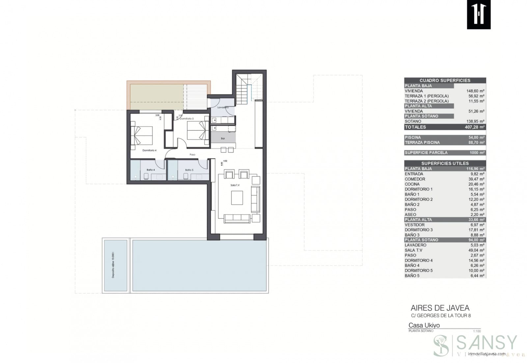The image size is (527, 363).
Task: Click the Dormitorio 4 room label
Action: [149, 150]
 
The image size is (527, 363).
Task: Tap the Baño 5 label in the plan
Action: [189, 170]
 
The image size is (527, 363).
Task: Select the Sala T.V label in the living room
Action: [235, 185]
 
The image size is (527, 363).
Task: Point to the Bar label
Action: [223, 139]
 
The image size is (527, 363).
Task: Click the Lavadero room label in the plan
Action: [223, 107]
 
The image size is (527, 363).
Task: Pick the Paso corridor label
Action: [192, 154]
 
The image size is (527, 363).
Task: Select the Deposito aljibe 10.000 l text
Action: [113, 265]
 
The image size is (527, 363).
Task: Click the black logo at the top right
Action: [479, 14]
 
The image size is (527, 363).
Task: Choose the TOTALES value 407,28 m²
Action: [475, 127]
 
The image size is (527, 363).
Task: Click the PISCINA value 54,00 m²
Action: [476, 137]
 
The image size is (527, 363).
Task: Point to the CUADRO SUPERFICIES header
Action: [445, 80]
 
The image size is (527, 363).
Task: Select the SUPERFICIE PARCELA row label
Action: [426, 153]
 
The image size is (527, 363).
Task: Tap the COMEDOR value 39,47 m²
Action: [476, 179]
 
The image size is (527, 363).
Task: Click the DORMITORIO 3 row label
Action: [419, 230]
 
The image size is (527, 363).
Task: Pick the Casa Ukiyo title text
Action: [424, 325]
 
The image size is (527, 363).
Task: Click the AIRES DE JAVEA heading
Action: [440, 308]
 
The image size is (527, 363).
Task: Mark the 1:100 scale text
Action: [477, 331]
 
